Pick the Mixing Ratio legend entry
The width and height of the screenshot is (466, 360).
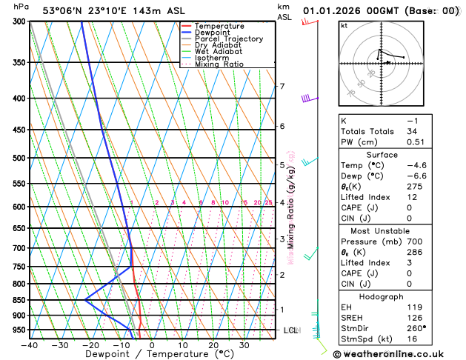click(x=219, y=64)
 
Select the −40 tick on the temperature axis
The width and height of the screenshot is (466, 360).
click(x=30, y=345)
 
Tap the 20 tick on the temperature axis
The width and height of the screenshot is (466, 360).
click(x=213, y=345)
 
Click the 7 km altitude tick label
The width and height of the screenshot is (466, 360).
click(x=282, y=87)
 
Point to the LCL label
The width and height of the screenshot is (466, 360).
click(x=290, y=330)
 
